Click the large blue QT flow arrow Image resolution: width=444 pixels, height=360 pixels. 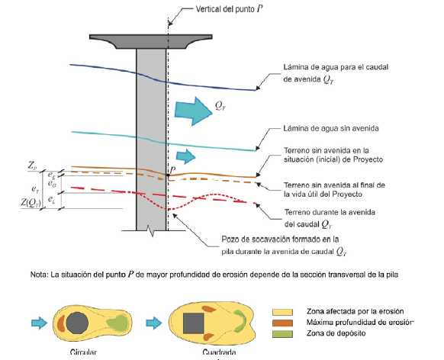coord(193,111)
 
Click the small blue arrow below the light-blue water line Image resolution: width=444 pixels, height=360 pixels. coord(185,156)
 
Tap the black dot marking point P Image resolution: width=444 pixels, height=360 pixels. coord(168,175)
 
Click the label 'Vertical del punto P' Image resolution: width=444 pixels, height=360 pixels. coord(229,9)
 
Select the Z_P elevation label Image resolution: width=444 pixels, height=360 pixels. coord(32,166)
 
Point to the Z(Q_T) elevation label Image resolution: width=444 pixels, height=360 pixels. coord(31,203)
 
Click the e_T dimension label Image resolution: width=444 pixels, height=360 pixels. coord(35,188)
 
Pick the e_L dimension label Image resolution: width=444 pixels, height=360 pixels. coord(51,200)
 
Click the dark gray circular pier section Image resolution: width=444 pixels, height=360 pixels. coord(77,323)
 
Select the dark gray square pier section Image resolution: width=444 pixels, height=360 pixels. coord(194,323)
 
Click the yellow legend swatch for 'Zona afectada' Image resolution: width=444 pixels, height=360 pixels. coord(282,312)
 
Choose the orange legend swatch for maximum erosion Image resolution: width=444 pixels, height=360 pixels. coord(282,323)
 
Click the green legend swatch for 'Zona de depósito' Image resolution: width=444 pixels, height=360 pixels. coord(282,334)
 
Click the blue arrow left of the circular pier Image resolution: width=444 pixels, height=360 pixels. coord(39,323)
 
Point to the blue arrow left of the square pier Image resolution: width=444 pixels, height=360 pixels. coord(154,323)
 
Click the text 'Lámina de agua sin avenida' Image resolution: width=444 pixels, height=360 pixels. coord(331,128)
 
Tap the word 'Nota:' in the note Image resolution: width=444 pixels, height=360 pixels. coord(40,275)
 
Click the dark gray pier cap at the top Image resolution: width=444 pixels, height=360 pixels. coord(151,40)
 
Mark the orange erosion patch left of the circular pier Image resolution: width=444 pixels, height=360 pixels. coord(60,323)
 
